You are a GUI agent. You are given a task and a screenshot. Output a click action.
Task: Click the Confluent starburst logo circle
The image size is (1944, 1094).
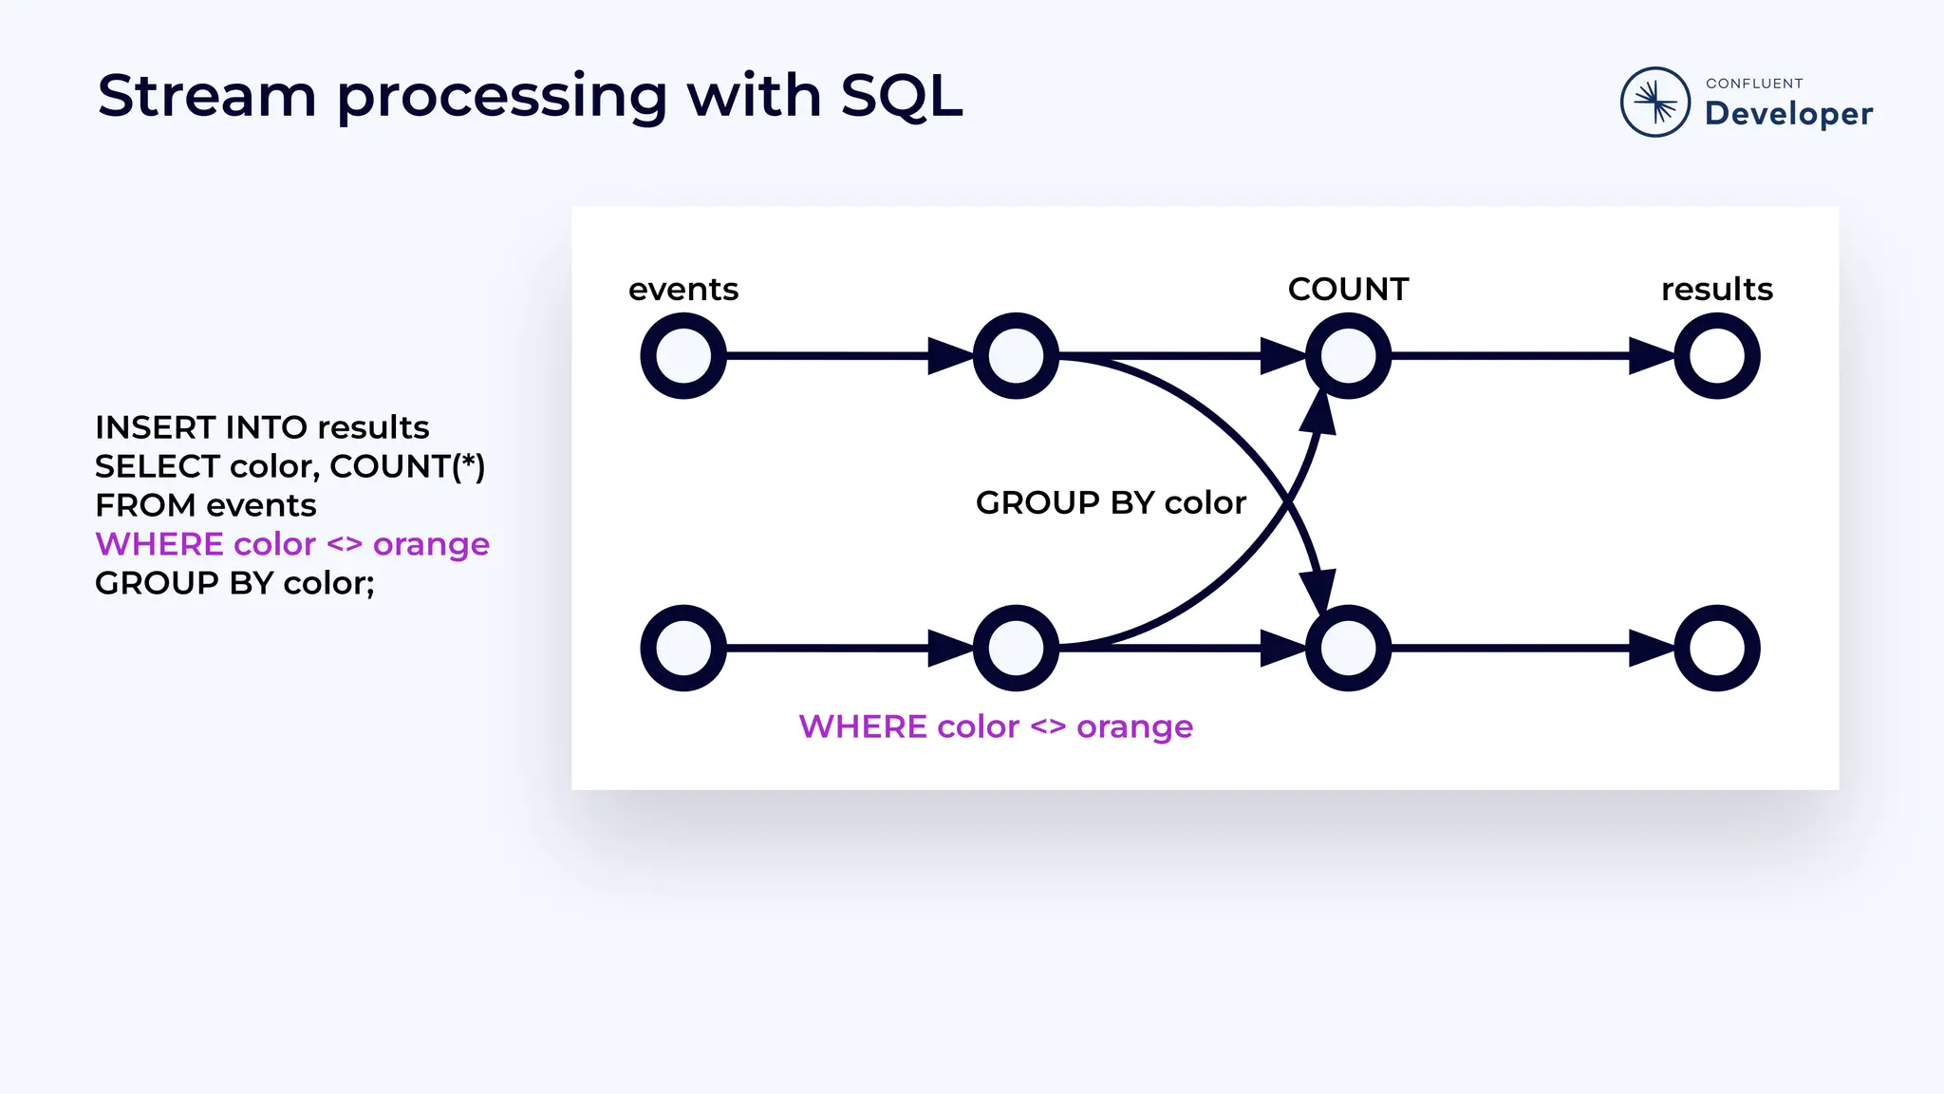point(1654,102)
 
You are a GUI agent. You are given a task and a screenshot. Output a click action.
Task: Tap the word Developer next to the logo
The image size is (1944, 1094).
point(1788,114)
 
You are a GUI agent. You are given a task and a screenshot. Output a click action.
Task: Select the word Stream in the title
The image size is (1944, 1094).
point(207,96)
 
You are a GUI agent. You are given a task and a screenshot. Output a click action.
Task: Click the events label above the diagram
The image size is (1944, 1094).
point(682,289)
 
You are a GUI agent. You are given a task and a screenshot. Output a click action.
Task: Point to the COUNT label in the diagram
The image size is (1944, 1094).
point(1348,289)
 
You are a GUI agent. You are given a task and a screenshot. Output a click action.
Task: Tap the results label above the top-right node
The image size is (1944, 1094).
point(1716,289)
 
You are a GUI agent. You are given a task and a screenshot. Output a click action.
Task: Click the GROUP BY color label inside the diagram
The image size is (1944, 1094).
point(1111,502)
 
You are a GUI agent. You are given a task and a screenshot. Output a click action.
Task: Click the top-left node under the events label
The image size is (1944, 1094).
point(683,356)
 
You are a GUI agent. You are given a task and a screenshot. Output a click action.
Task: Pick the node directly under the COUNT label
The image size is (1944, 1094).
point(1348,356)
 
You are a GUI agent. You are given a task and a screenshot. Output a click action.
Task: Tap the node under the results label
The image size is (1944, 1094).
point(1716,356)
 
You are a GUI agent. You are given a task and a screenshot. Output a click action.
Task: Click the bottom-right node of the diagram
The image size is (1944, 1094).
point(1716,648)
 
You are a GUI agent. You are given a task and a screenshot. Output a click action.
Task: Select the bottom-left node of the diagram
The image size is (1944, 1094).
point(683,648)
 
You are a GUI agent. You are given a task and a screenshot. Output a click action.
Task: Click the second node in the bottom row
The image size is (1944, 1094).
point(1016,648)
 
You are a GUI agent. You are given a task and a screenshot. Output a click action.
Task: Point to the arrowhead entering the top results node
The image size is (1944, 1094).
point(1652,356)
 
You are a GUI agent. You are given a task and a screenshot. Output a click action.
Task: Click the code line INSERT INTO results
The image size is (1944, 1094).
point(262,427)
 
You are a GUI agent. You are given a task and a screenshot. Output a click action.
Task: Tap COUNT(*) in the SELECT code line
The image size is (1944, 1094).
point(407,466)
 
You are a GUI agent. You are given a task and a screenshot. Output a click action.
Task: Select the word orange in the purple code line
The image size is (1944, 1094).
point(431,545)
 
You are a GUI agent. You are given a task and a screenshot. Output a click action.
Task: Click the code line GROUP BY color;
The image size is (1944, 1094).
point(234,583)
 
